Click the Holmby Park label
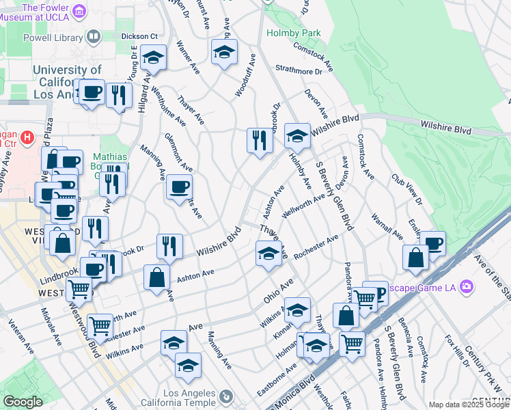pos(293,32)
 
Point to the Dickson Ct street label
pos(139,36)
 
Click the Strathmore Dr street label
pos(299,69)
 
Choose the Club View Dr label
pos(406,189)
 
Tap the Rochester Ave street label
pos(316,247)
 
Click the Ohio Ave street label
pos(278,291)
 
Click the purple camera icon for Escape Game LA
pos(467,286)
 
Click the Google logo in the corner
pos(23,402)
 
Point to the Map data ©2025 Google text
pos(469,405)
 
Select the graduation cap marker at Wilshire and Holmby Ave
pos(297,136)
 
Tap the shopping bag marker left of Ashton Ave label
pos(156,277)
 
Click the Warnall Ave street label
pos(387,225)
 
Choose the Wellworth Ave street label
pos(304,204)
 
